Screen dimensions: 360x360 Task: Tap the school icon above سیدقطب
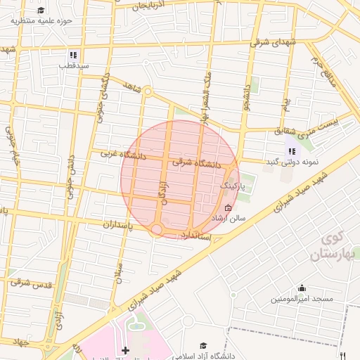[x=73, y=55]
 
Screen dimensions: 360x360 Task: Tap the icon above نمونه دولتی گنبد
[x=291, y=150]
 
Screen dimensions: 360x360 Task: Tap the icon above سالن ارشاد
[x=227, y=207]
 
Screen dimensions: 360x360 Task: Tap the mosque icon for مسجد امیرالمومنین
[x=302, y=288]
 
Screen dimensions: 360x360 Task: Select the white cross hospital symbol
[x=126, y=350]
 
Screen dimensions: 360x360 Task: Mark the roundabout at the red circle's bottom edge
[x=157, y=230]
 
